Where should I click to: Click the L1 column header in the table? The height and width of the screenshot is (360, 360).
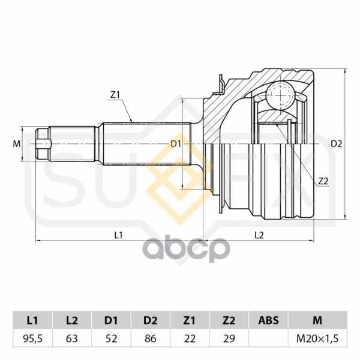(x=32, y=320)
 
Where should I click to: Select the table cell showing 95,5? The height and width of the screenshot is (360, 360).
(x=32, y=338)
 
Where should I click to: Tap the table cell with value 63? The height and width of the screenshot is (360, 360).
(x=72, y=338)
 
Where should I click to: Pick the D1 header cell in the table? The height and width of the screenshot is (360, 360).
(x=111, y=320)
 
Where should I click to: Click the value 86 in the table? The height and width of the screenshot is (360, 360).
(x=151, y=338)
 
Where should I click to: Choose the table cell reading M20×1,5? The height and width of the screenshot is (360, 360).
(x=317, y=338)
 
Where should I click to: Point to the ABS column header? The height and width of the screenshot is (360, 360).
(x=268, y=320)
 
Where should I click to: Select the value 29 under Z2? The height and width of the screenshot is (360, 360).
(x=229, y=338)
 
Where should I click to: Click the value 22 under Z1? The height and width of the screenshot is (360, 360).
(x=190, y=338)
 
